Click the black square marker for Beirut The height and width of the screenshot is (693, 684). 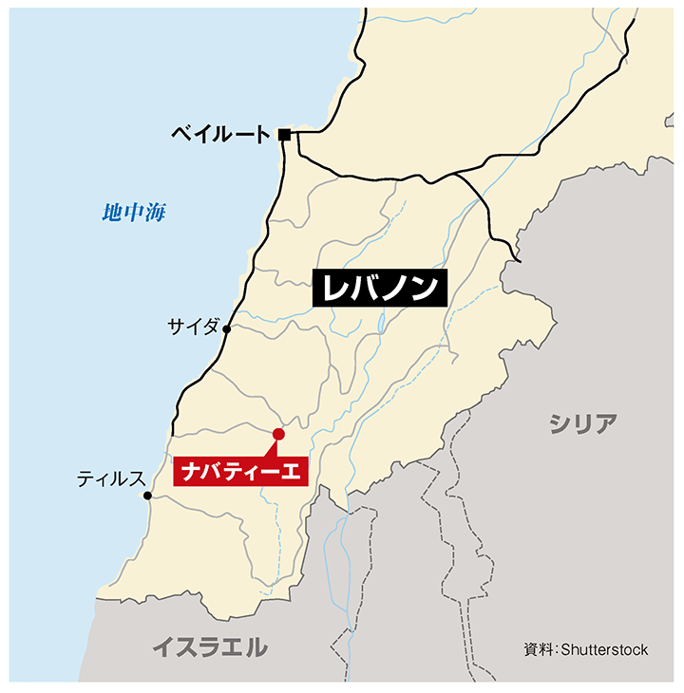tap(284, 135)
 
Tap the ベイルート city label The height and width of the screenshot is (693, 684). tap(221, 135)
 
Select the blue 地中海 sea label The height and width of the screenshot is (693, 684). tap(134, 213)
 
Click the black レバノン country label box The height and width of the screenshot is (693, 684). tap(379, 289)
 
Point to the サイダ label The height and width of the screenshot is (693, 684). tap(193, 328)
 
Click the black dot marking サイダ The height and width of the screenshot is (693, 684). tap(227, 329)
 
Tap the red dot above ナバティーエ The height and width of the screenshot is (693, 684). tap(278, 435)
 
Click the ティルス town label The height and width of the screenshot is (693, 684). tap(110, 479)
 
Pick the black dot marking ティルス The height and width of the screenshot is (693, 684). tap(147, 496)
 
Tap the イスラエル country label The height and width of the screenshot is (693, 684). tap(210, 648)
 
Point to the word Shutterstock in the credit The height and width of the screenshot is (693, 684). tap(604, 649)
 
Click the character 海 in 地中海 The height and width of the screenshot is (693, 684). tap(155, 213)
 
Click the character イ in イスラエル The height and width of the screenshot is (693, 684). tap(164, 648)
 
